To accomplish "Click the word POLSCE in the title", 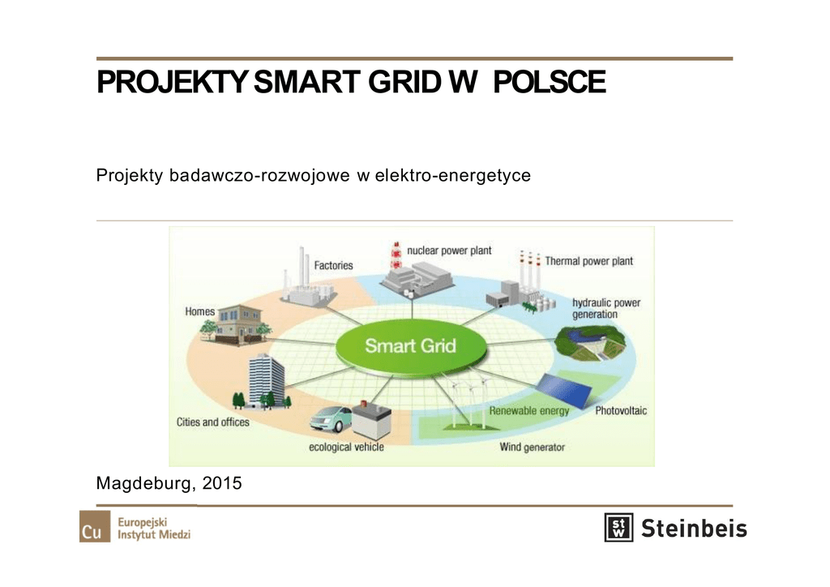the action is coord(550,82).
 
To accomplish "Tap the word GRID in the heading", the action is coord(405,82).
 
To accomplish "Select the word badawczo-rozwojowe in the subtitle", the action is coord(259,175).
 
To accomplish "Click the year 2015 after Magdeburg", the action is coord(222,482).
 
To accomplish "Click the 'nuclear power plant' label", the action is coord(449,251).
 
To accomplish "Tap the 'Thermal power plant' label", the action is coord(589,261).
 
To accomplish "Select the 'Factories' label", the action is coord(333,265).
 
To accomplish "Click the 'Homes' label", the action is coord(199,311).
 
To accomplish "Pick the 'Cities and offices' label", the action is coord(213,422).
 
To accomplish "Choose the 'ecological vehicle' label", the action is coord(346,447).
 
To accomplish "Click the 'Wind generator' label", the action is coord(532,448).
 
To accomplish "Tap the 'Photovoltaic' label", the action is coord(621,411).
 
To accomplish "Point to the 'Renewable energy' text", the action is coord(528,411).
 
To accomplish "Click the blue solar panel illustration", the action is coord(565,391).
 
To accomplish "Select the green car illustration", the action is coord(331,419).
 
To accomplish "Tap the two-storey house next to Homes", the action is coord(235,324).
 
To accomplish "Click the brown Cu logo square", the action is coord(95,526).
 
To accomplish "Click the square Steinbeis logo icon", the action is coord(618,527).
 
